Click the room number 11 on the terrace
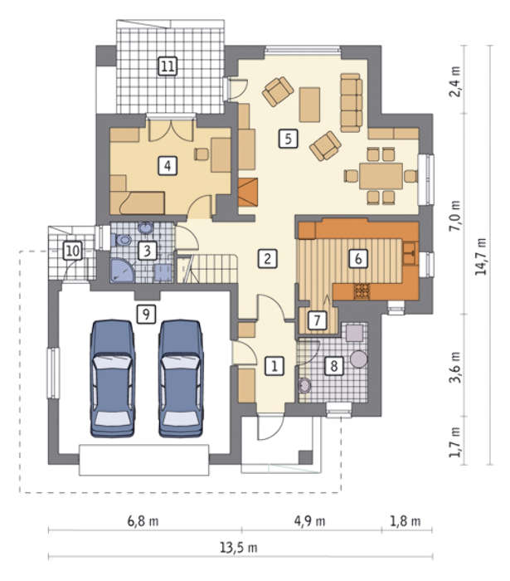point(168,66)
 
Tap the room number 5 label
point(288,139)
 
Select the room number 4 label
point(168,166)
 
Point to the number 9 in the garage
point(146,315)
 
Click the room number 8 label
point(334,366)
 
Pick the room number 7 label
point(317,320)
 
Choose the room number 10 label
point(72,251)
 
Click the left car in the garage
point(113,378)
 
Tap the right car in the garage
point(181,378)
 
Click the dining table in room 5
point(381,176)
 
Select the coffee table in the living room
point(309,105)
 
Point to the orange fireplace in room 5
point(248,192)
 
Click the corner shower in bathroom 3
point(120,271)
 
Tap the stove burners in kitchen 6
point(362,291)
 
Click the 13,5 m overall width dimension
point(239,547)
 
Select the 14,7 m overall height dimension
point(482,256)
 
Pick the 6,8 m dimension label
point(143,521)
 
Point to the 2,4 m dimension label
point(455,81)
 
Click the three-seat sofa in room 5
point(351,103)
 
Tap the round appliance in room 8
point(358,359)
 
